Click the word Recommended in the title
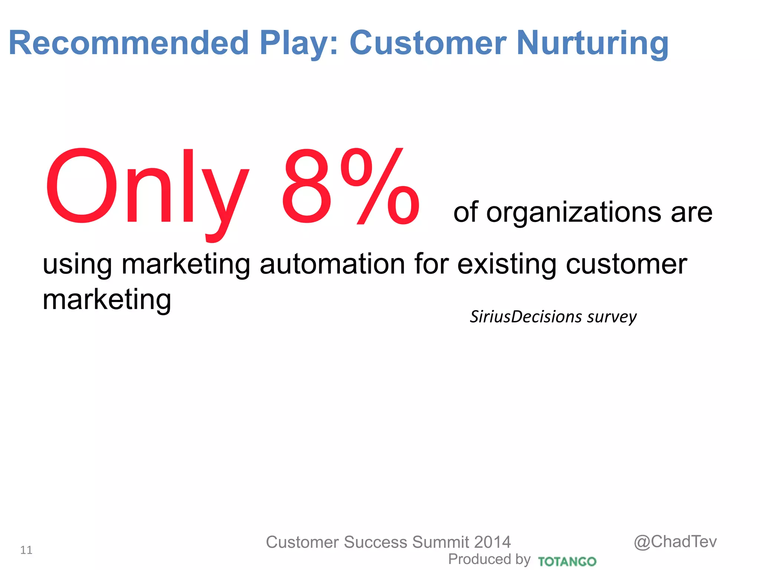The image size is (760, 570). point(128,43)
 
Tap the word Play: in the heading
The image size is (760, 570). point(299,44)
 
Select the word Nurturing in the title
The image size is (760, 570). point(592,44)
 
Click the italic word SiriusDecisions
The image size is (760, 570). point(525,317)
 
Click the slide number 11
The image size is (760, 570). point(26,550)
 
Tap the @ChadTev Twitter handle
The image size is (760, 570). point(675,542)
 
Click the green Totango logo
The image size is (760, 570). point(567,561)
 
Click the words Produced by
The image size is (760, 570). point(489,559)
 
